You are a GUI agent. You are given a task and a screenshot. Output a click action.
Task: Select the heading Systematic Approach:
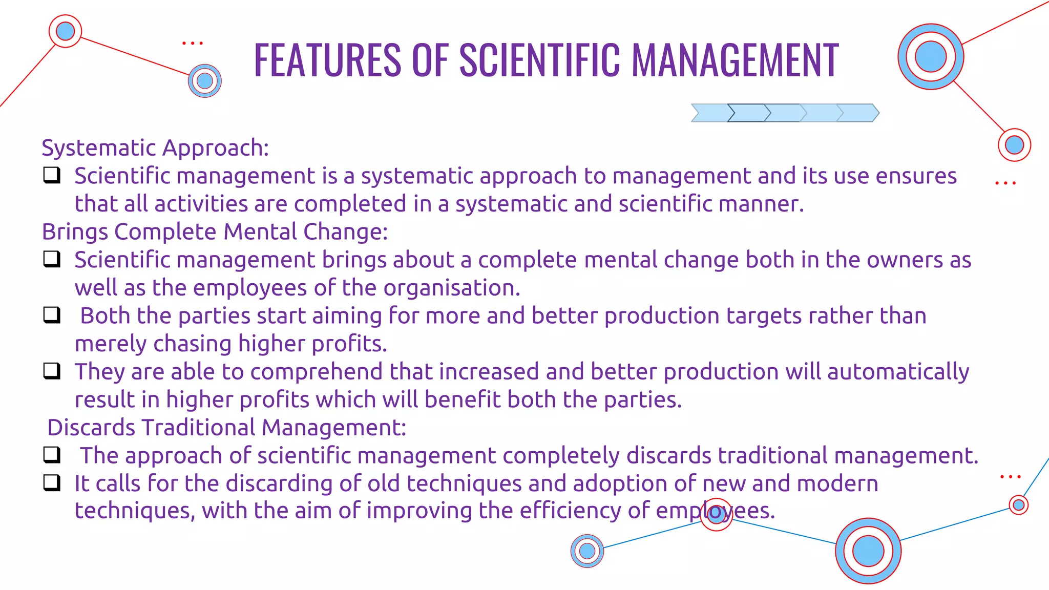pyautogui.click(x=155, y=148)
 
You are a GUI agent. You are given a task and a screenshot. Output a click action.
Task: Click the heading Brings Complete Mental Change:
pyautogui.click(x=215, y=232)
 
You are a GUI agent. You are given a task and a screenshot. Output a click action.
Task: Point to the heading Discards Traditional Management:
pyautogui.click(x=226, y=428)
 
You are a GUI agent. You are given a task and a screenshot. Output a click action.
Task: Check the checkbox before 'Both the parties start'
pyautogui.click(x=52, y=315)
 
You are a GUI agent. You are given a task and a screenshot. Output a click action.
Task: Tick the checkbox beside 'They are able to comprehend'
pyautogui.click(x=52, y=370)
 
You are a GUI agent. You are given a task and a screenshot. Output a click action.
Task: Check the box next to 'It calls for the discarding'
pyautogui.click(x=52, y=482)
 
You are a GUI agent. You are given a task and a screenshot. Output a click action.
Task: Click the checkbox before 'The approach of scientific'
pyautogui.click(x=52, y=454)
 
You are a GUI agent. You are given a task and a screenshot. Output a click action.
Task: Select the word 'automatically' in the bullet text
pyautogui.click(x=898, y=372)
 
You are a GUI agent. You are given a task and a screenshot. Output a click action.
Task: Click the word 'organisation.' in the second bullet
pyautogui.click(x=452, y=288)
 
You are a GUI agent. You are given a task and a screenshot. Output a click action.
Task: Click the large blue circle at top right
pyautogui.click(x=931, y=56)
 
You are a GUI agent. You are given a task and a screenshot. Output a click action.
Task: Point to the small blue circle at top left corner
pyautogui.click(x=65, y=31)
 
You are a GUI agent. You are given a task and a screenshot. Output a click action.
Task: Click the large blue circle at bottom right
pyautogui.click(x=868, y=551)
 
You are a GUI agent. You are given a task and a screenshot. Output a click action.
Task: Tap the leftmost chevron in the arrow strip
pyautogui.click(x=709, y=113)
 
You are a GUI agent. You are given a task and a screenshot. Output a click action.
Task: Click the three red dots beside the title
pyautogui.click(x=193, y=44)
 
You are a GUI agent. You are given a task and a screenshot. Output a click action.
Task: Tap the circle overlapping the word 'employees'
pyautogui.click(x=716, y=515)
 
